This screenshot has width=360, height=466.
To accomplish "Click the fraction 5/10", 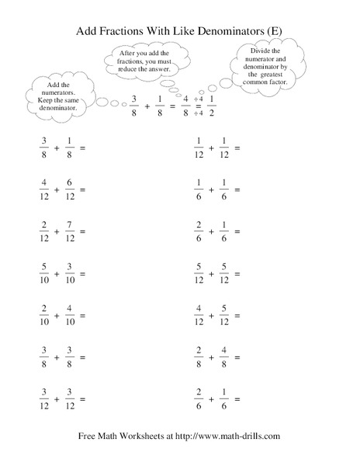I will [x=32, y=277].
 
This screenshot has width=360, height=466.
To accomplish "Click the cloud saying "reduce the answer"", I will [x=145, y=58].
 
